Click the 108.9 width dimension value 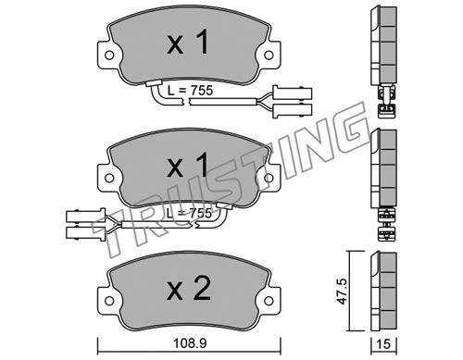click(x=190, y=343)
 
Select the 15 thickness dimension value click(x=383, y=343)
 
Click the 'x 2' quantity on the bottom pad click(x=189, y=291)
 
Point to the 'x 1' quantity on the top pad click(x=188, y=43)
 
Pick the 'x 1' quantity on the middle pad click(x=188, y=166)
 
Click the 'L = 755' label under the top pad click(x=191, y=91)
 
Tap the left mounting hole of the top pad click(x=108, y=56)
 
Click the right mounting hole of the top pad click(x=269, y=56)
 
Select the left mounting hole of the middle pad click(x=108, y=178)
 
